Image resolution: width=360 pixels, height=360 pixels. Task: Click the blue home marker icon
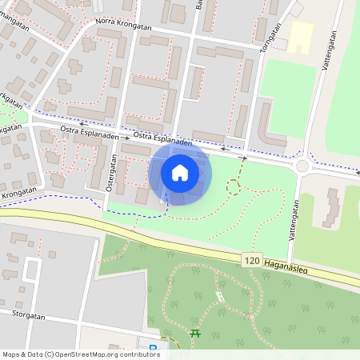(x=180, y=172)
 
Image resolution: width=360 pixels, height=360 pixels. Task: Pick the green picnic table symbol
(x=195, y=333)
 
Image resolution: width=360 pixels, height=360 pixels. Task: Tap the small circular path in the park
(x=234, y=187)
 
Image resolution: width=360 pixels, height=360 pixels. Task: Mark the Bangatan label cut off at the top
(x=199, y=4)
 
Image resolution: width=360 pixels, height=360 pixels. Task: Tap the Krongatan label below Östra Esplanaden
(x=19, y=192)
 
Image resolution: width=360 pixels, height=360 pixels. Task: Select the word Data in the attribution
(x=37, y=354)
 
